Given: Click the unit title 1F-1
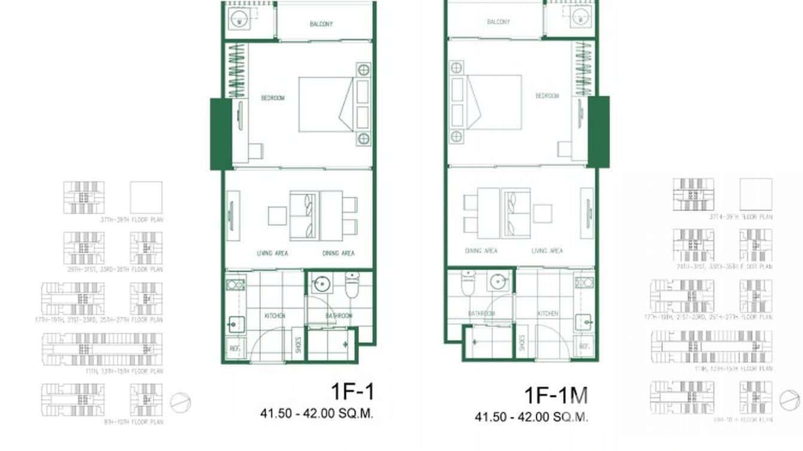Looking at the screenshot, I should [x=352, y=391].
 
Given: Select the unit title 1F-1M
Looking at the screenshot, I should [x=556, y=395].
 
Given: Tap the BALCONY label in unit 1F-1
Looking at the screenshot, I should [x=321, y=24].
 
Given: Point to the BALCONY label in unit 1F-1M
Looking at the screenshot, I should [x=498, y=22].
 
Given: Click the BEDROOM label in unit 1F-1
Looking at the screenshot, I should [x=272, y=97].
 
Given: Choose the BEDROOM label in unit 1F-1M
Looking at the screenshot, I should [x=547, y=96].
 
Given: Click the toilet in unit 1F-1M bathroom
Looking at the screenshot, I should [x=468, y=283].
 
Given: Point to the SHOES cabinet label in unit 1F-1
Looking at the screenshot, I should [x=297, y=345].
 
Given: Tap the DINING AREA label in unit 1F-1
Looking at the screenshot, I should [x=338, y=253].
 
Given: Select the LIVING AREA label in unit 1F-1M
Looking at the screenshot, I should [x=547, y=251].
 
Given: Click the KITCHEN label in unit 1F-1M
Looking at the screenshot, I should [x=547, y=313].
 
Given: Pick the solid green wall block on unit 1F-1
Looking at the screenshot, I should [x=220, y=134].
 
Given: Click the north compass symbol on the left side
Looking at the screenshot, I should [x=180, y=403].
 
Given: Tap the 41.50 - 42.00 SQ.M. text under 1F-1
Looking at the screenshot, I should [x=317, y=413].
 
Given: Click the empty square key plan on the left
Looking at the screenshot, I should [x=146, y=197].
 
